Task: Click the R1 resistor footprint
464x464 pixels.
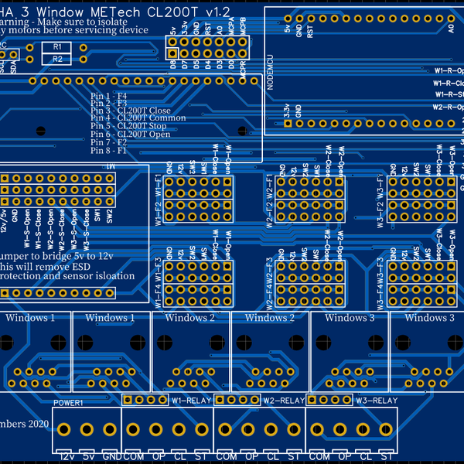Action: [57, 46]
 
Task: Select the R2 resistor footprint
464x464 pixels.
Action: [57, 59]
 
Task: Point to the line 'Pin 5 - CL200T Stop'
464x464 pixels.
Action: [128, 126]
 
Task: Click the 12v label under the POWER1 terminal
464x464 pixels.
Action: [68, 457]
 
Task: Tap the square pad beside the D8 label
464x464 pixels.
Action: [174, 53]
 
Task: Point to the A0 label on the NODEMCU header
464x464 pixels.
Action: [451, 29]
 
